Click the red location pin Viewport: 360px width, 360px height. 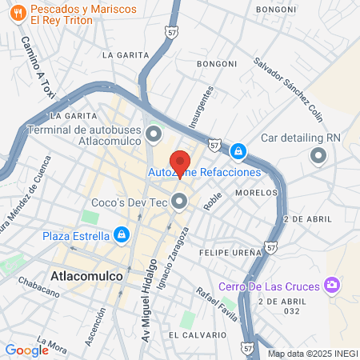point(180,162)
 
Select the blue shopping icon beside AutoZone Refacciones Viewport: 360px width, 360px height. point(237,151)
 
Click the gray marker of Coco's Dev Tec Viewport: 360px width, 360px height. point(180,202)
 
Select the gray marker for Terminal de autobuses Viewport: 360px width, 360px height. point(154,132)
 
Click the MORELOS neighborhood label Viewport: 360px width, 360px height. point(256,193)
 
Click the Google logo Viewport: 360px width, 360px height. point(26,349)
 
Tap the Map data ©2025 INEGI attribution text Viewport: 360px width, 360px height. point(312,354)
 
